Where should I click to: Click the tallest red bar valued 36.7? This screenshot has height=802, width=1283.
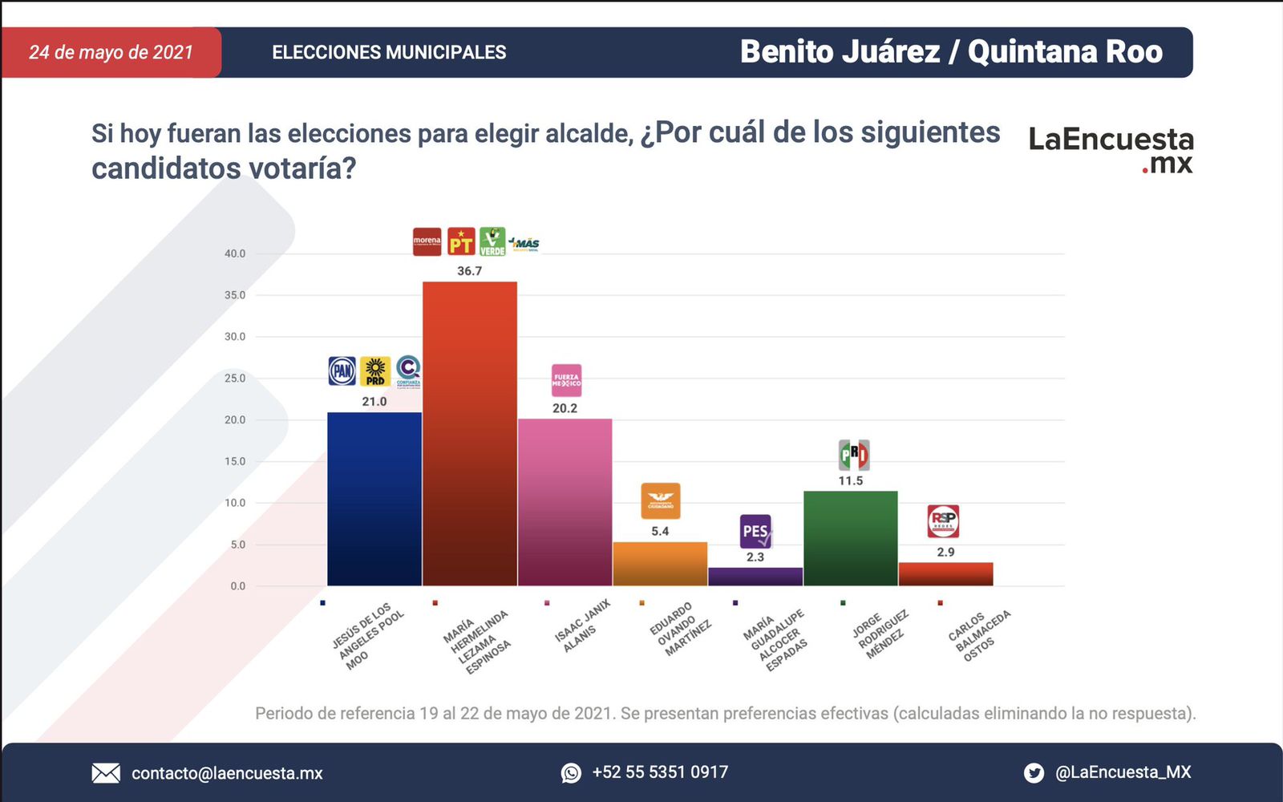click(469, 433)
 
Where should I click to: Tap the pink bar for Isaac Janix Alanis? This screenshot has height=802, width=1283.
click(565, 502)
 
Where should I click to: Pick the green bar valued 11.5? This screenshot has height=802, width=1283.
click(850, 537)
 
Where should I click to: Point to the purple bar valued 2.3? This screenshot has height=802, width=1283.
click(755, 577)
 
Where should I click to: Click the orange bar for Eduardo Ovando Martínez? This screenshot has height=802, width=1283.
click(660, 564)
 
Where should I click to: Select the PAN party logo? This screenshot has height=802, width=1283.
click(342, 371)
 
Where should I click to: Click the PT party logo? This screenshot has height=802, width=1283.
click(461, 241)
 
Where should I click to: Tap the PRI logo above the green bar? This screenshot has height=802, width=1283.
click(853, 456)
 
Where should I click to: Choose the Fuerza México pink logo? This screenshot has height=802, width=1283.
click(566, 380)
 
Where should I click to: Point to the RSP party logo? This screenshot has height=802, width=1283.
click(943, 521)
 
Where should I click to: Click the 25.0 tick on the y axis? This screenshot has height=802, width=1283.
click(235, 379)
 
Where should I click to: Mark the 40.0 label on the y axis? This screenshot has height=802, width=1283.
click(235, 253)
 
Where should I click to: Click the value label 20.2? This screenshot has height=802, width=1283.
click(565, 408)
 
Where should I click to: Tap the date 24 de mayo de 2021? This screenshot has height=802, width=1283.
click(111, 53)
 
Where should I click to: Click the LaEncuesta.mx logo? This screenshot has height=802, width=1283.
click(1111, 149)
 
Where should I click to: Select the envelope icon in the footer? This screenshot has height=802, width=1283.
click(106, 773)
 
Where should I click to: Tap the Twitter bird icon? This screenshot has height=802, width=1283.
click(1034, 773)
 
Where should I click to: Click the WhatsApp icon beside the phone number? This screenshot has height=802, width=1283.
click(571, 773)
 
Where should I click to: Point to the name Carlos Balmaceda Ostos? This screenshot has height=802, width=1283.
click(979, 635)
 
